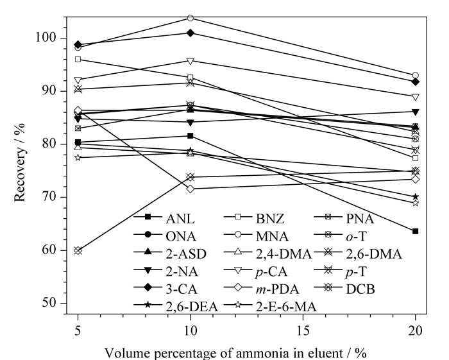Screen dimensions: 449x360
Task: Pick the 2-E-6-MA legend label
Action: pos(286,307)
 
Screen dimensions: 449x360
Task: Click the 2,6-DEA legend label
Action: pos(192,307)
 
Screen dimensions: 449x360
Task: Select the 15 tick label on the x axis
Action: pos(303,331)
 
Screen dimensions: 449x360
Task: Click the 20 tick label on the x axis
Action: pos(415,331)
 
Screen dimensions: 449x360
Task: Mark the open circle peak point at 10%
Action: pos(190,19)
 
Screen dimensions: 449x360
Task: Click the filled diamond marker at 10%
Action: pos(190,33)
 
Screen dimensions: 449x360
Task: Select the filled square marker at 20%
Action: pos(415,231)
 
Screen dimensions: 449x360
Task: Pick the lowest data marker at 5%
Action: pos(78,251)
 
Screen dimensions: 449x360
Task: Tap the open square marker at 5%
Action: pos(78,59)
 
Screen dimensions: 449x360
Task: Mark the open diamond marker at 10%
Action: pos(190,189)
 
